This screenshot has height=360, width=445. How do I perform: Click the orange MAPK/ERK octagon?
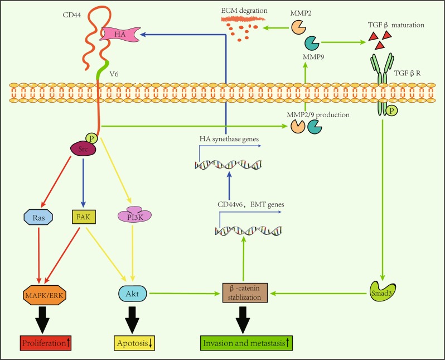38,293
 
